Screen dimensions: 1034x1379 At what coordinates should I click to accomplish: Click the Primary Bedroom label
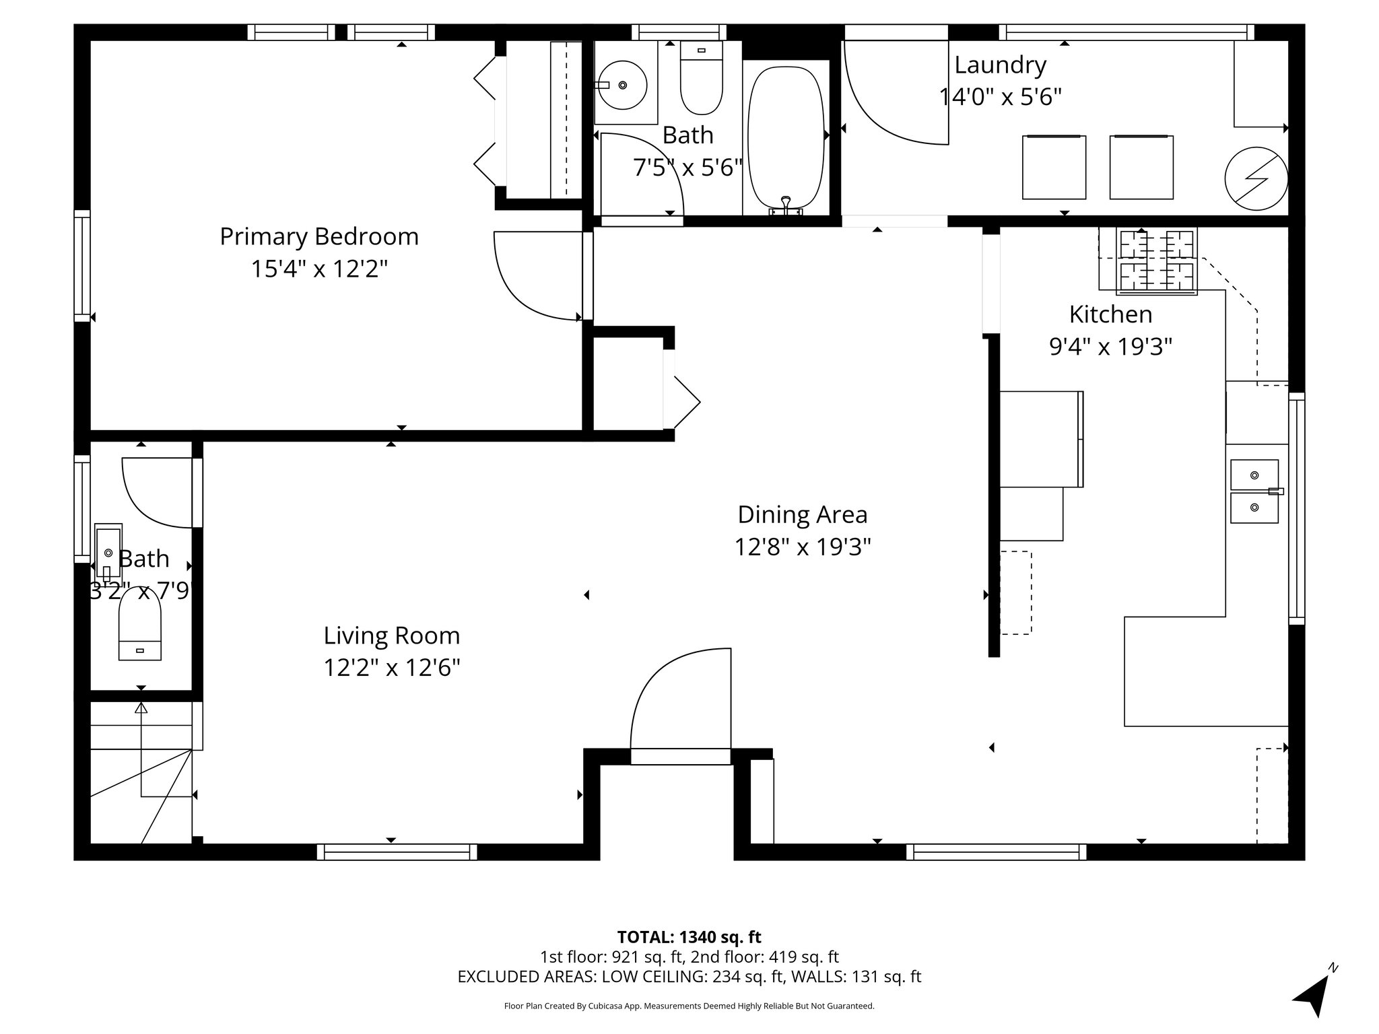tap(319, 237)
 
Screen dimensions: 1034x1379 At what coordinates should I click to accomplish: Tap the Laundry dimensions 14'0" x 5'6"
tap(1001, 98)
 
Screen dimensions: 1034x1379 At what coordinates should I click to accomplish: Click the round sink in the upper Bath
tap(623, 85)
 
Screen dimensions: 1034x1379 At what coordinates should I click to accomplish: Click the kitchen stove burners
tap(1157, 262)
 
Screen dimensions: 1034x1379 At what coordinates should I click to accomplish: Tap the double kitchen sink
tap(1254, 491)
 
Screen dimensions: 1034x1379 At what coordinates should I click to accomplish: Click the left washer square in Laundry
tap(1054, 168)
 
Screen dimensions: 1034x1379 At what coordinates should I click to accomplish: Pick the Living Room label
tap(392, 635)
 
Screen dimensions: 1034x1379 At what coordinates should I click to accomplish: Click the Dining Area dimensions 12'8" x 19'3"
tap(803, 547)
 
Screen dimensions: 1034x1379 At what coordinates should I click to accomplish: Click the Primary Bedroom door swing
tap(535, 276)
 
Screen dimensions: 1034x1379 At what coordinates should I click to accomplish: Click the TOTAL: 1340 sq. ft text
tap(689, 936)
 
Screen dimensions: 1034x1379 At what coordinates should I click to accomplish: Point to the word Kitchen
tap(1110, 314)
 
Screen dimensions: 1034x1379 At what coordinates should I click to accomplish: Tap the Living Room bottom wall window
tap(397, 852)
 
